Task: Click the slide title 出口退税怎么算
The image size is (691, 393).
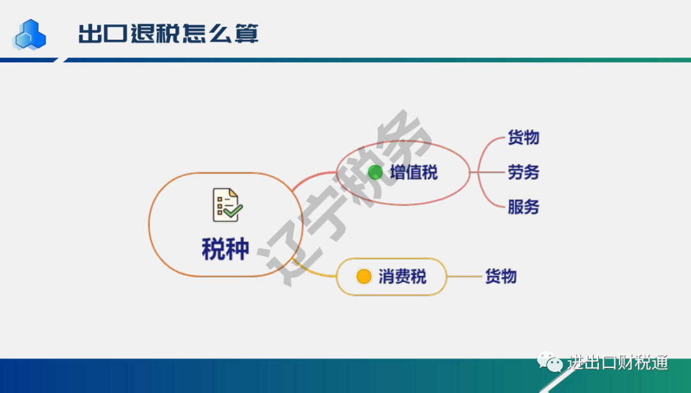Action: (168, 33)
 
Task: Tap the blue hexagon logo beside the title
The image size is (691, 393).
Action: (29, 35)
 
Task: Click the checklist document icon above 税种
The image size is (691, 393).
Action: (227, 205)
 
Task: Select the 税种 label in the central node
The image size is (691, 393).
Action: (226, 249)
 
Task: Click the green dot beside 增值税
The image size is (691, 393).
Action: (376, 172)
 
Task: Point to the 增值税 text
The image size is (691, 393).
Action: (414, 172)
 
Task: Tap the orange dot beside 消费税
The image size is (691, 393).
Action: (364, 277)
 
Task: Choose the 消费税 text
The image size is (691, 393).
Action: (402, 277)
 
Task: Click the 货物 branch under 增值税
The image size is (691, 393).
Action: (523, 138)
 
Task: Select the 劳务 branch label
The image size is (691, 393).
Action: (523, 172)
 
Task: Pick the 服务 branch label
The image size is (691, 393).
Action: (523, 207)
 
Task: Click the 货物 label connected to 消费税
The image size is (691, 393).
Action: (500, 277)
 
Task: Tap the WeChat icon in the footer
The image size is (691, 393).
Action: (550, 362)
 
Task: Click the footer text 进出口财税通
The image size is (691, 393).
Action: (617, 362)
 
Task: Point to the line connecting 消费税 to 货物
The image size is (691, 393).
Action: (465, 277)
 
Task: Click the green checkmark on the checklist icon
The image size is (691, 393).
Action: (233, 211)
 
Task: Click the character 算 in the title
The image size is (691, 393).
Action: (246, 33)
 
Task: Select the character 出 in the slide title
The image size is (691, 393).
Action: (90, 33)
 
